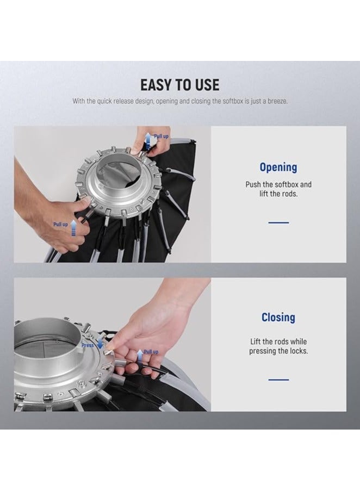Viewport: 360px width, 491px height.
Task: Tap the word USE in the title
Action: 207,85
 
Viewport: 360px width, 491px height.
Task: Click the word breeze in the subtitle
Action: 277,101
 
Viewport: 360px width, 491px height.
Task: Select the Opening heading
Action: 278,167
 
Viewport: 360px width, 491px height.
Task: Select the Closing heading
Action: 278,317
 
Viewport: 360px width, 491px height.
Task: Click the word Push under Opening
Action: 252,184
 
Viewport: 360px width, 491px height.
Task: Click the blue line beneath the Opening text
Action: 278,222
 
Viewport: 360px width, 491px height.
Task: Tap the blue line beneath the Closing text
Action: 278,380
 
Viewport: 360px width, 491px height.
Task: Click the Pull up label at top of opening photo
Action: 161,136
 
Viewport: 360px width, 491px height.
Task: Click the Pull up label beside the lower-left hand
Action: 60,224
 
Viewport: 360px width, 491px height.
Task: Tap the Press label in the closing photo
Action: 88,345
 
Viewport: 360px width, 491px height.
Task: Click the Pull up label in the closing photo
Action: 151,352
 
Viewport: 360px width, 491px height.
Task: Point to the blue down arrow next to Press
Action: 100,344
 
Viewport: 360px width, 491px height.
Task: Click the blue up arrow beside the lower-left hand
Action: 73,228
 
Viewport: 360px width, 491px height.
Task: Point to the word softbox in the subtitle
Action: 232,101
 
